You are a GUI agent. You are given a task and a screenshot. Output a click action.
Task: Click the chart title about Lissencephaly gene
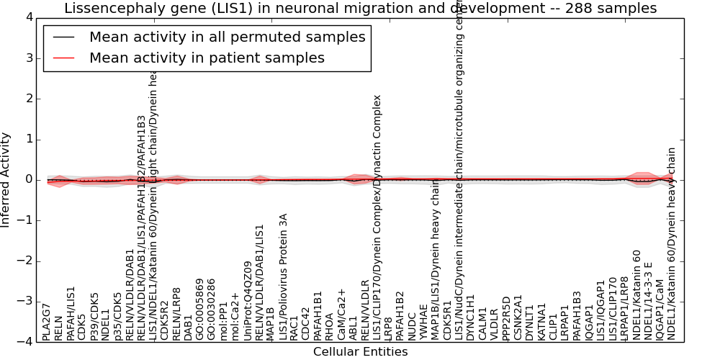(360, 9)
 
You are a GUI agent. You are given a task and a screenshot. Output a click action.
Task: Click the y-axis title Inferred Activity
(6, 179)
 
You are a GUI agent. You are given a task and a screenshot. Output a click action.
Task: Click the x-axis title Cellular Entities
(360, 352)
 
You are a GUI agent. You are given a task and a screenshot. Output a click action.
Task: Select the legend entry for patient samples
(207, 58)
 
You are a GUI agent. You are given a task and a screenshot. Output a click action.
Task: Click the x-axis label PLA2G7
(47, 321)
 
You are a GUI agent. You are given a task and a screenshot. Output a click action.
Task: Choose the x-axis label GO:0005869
(200, 309)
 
